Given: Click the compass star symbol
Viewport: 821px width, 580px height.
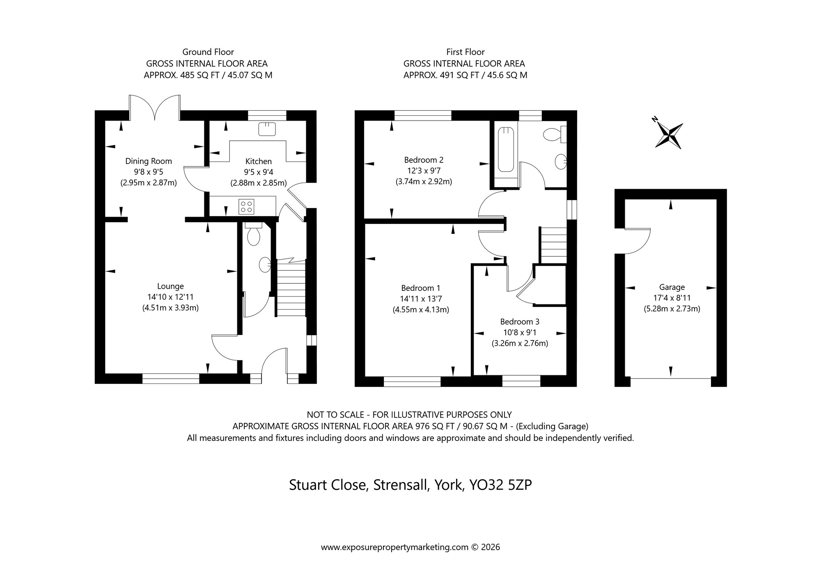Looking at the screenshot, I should (x=670, y=135).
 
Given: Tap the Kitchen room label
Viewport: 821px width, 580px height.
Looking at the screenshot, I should (x=258, y=161).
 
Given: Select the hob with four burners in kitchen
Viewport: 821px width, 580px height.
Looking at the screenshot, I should (x=246, y=206).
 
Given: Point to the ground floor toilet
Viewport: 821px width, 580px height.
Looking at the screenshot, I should (x=253, y=236).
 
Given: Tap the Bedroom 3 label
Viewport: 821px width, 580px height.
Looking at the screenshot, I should (x=520, y=322).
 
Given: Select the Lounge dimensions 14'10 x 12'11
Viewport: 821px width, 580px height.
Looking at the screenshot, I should (x=170, y=297).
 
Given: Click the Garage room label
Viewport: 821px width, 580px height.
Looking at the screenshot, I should (x=672, y=287).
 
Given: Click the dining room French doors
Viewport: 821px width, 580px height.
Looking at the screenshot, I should (x=155, y=107).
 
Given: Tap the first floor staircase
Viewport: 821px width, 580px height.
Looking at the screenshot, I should (x=553, y=245).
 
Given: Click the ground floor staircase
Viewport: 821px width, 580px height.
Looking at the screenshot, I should (x=291, y=287).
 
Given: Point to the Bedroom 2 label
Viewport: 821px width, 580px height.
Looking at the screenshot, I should (x=424, y=160).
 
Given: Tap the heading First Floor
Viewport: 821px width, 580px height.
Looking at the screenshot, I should (x=465, y=52).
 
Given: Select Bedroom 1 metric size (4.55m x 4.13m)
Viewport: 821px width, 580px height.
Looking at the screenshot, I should (x=421, y=310).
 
